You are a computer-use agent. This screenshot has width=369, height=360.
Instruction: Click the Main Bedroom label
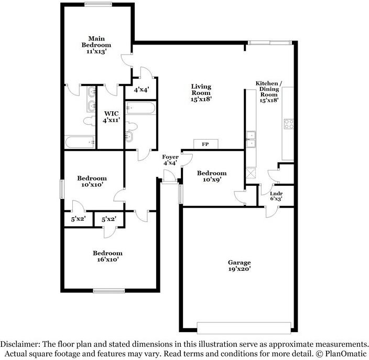coord(96,45)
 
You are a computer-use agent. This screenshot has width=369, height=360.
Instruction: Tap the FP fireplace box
coord(205,144)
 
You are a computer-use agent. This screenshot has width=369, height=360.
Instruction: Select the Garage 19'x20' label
coord(240,266)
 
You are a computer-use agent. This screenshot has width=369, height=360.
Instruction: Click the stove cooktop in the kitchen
coord(289,124)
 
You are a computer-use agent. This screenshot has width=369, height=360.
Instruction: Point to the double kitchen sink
coord(251,139)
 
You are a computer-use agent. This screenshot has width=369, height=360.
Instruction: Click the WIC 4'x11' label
coord(111,117)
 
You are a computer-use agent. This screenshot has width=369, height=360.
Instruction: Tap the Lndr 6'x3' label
coord(276,196)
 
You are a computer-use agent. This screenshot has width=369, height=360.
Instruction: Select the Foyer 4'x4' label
coord(170,160)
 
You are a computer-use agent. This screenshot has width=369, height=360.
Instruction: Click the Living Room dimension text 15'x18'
coord(201,99)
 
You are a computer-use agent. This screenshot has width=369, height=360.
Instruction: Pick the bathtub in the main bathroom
coord(80,142)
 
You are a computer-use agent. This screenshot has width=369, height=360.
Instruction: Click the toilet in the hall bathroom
coord(132,126)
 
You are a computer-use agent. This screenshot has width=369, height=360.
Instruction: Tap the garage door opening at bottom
coord(244,327)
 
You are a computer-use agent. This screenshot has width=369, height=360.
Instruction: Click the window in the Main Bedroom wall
coord(99,4)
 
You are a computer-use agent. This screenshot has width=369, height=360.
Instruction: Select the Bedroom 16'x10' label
coord(107,256)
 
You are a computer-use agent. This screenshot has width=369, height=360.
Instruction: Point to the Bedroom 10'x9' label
coord(212,176)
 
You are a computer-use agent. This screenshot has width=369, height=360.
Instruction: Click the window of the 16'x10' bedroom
coord(108,291)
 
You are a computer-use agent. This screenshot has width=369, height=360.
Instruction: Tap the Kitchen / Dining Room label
coord(269,92)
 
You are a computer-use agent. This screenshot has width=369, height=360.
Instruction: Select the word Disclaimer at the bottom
coord(20,344)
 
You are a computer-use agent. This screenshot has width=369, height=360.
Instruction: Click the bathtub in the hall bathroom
coord(140,109)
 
